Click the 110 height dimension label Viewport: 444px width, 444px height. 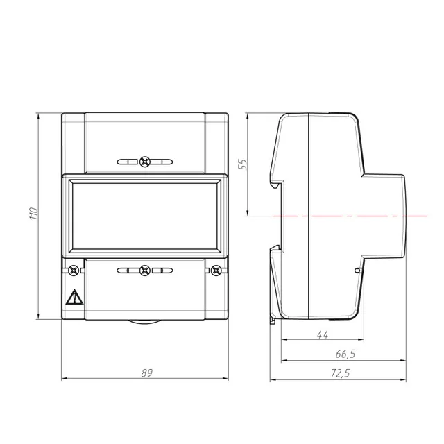coord(33,214)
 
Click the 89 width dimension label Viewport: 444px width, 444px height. coord(146,373)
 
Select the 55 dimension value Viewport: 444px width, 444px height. coord(242,164)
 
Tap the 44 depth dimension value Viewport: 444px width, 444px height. coord(323,334)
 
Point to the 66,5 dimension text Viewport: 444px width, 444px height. coord(345,354)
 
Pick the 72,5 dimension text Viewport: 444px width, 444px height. coord(341,373)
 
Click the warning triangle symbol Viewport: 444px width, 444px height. coord(74,298)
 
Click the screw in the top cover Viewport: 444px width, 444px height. coord(145,162)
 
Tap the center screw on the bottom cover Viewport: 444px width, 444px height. coord(145,271)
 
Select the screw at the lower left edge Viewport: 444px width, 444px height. coord(74,271)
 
